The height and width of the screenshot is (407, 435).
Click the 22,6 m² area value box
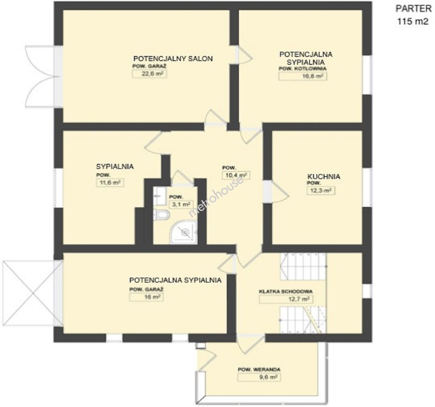coord(150,74)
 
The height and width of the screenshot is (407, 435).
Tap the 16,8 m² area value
coord(303,76)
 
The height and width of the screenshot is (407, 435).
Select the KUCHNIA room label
coord(324,176)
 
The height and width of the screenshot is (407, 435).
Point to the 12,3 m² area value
coord(320,191)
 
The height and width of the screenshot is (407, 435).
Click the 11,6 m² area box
coord(110,182)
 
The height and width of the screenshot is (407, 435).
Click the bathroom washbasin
coord(159,196)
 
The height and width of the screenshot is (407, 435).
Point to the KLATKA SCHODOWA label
coord(285,292)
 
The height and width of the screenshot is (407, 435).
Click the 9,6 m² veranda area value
coord(259,377)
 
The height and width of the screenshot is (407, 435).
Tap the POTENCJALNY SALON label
coord(173,59)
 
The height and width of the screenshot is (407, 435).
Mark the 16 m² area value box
coord(146,297)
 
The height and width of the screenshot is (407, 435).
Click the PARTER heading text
coord(413,9)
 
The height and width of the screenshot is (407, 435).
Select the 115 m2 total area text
coord(413,21)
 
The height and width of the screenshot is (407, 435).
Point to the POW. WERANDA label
coord(259,370)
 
